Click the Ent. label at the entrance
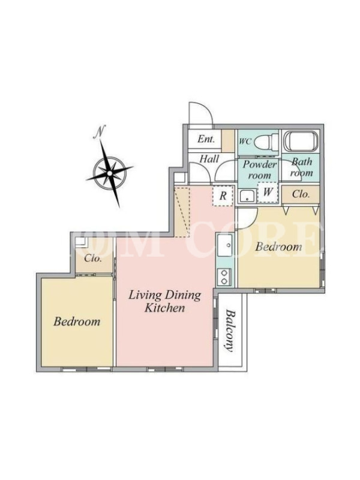[206, 139]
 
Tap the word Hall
[209, 158]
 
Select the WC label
[245, 142]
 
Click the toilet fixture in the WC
[265, 142]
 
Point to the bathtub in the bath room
[301, 141]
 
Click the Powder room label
[260, 170]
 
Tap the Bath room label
[302, 167]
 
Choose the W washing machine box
[268, 193]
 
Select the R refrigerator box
[223, 196]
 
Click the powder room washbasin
[247, 196]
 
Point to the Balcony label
[230, 331]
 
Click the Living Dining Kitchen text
[164, 302]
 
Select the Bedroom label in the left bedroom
[77, 322]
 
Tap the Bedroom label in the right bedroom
[278, 247]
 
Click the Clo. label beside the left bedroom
[93, 259]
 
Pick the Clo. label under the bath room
[301, 194]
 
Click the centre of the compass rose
[110, 173]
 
